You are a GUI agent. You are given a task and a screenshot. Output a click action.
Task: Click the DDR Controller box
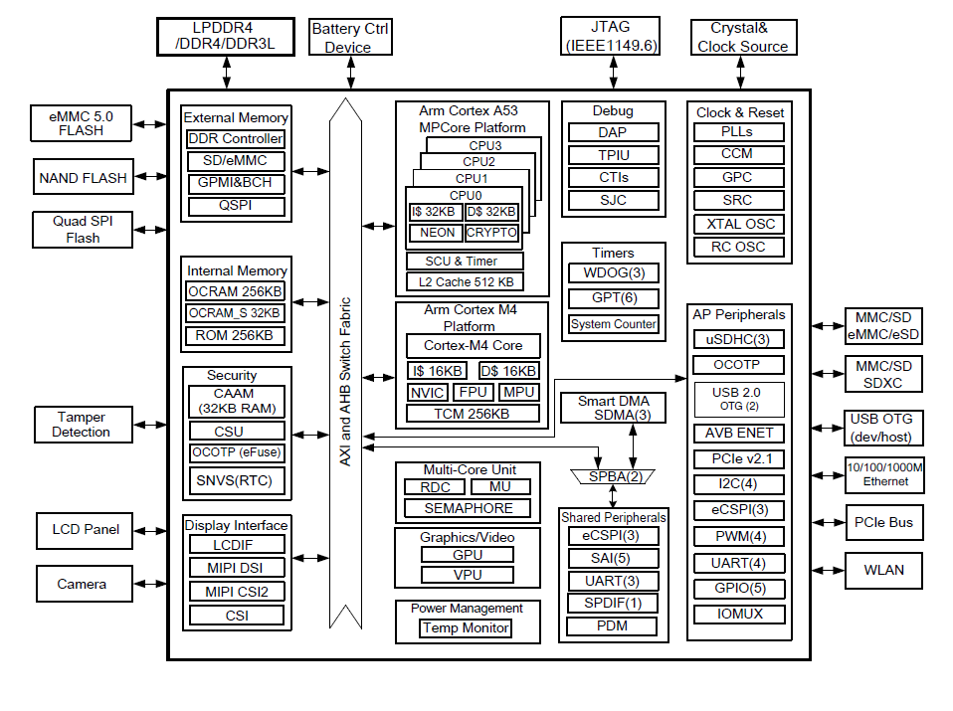[x=235, y=139]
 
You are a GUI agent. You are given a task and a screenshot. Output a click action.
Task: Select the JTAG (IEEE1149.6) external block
[x=610, y=37]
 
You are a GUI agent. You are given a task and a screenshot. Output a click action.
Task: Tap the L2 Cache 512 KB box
[x=465, y=282]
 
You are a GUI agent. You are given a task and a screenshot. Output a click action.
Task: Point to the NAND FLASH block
[x=84, y=177]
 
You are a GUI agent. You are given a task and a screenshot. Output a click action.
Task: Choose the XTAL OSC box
[x=739, y=225]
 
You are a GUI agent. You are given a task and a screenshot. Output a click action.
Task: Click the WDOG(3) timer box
[x=614, y=272]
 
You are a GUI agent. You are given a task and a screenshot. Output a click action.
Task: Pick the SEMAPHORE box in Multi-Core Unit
[x=468, y=508]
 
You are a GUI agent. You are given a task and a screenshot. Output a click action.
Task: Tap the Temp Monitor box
[x=466, y=627]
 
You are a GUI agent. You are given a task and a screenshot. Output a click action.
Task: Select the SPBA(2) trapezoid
[x=613, y=476]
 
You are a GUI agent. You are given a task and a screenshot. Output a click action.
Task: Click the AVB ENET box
[x=739, y=433]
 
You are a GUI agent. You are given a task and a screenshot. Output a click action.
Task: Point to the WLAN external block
[x=883, y=570]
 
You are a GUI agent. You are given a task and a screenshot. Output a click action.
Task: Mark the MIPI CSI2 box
[x=237, y=592]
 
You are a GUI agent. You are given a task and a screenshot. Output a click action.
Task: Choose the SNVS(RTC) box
[x=237, y=480]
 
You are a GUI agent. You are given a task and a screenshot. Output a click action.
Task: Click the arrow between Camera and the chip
[x=150, y=584]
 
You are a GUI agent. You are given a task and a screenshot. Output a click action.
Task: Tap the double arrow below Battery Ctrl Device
[x=351, y=73]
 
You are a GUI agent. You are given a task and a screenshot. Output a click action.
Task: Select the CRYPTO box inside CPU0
[x=491, y=233]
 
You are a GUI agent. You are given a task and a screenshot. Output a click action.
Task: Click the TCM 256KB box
[x=473, y=414]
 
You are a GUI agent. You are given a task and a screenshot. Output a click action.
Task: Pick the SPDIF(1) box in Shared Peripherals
[x=613, y=603]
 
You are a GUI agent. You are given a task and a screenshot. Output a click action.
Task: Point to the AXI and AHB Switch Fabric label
[x=345, y=382]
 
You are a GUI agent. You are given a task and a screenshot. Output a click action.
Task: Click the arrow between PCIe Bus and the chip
[x=828, y=523]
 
